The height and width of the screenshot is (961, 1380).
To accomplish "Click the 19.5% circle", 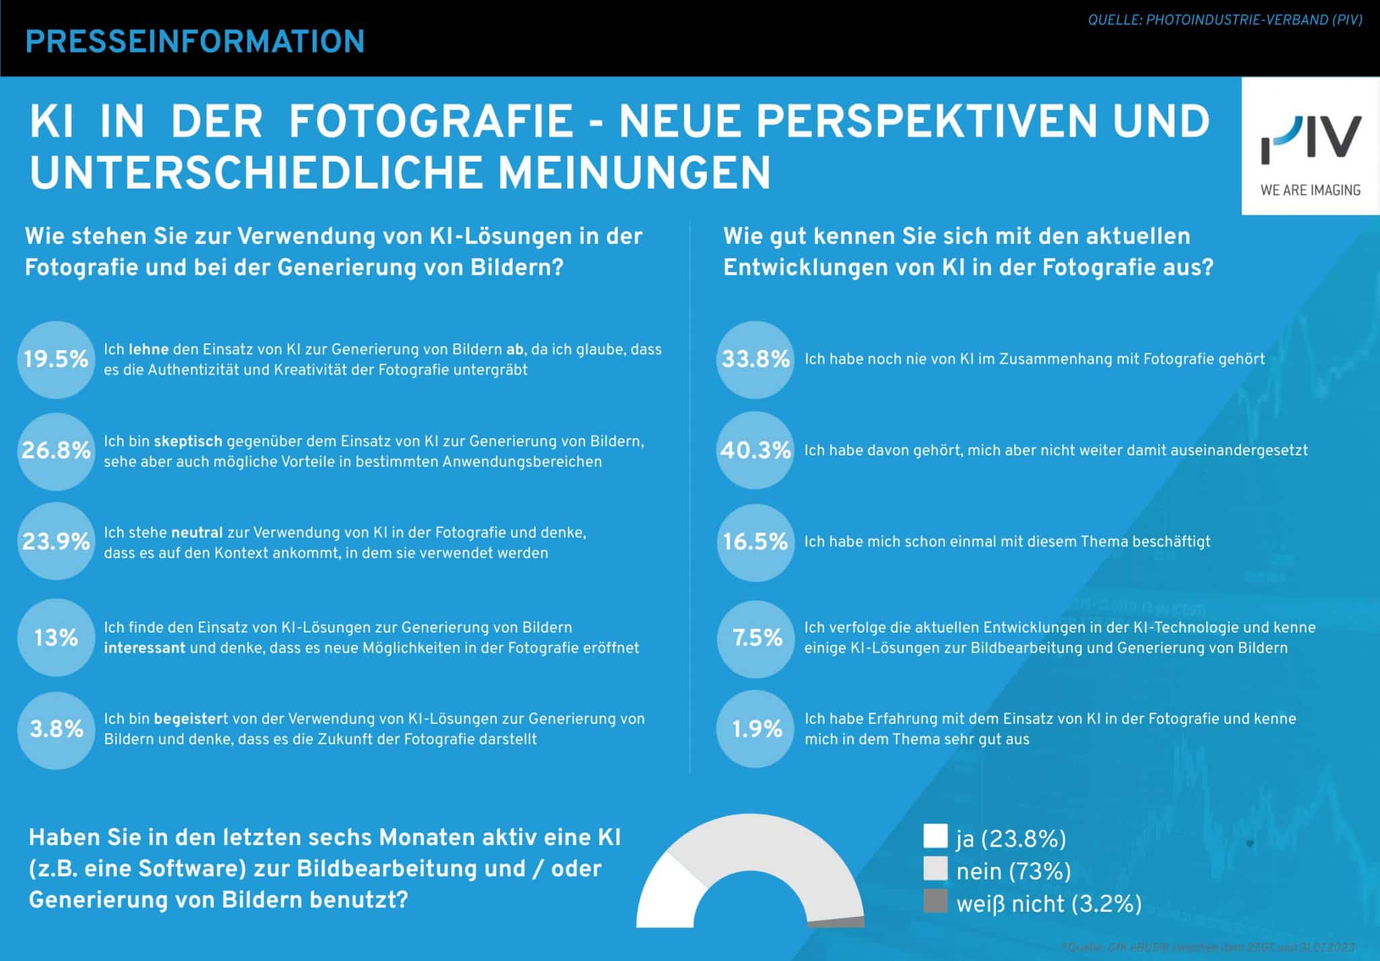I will (56, 359).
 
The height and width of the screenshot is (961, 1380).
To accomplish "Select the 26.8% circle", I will (56, 450).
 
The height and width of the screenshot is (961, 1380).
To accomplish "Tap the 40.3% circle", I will (755, 450).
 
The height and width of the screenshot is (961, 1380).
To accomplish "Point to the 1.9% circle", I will (755, 729).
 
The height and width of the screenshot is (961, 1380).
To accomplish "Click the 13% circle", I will (56, 637).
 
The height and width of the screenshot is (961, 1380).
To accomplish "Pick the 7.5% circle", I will (755, 637).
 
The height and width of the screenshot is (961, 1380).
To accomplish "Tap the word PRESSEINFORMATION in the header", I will (195, 42).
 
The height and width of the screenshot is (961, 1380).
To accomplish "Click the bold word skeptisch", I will (188, 442).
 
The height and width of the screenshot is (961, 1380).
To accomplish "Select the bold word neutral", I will (197, 533).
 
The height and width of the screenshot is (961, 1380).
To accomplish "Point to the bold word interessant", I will (144, 648).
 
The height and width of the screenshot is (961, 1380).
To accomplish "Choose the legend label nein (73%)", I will (1013, 871).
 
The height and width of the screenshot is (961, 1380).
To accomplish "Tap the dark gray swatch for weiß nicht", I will (935, 901).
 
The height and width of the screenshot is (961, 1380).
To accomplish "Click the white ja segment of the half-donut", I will (664, 896).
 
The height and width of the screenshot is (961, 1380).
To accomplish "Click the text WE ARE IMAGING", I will (1310, 191).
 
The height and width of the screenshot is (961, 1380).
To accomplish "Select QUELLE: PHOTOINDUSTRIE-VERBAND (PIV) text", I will (1225, 20).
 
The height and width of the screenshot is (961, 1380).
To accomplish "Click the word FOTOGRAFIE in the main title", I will (431, 121).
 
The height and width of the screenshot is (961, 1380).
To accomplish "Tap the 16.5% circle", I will (755, 542).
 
